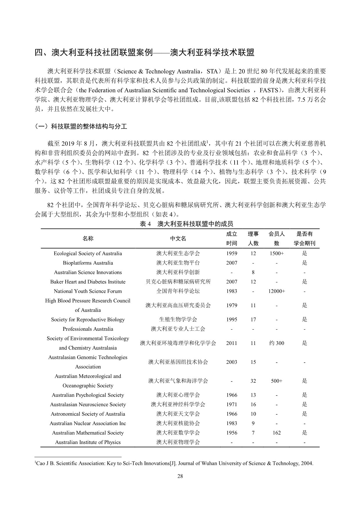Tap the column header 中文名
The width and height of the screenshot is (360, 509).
coord(178,238)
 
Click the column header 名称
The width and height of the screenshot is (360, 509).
coord(88,238)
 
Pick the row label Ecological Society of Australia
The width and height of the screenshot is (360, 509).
coord(88,253)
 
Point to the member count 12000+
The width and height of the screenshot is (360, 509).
coord(276,291)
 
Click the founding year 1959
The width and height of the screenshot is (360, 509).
coord(231,253)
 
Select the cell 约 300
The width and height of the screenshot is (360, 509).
coord(276,343)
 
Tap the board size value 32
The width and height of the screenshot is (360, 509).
coord(253,381)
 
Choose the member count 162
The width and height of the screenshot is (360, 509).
coord(276,433)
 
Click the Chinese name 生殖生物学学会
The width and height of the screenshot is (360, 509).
coord(178,319)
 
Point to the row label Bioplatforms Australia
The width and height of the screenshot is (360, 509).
coord(88,263)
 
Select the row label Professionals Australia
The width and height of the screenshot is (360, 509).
coord(88,329)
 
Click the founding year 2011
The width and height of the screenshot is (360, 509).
coord(231,343)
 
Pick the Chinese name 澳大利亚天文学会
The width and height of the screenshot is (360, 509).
coord(178,414)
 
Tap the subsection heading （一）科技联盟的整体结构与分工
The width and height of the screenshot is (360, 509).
coord(81,127)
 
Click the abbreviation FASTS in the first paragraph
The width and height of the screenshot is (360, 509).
coord(269,90)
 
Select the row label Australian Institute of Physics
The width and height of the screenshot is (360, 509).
coord(88,443)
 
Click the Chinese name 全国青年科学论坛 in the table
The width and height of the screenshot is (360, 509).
coord(178,291)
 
